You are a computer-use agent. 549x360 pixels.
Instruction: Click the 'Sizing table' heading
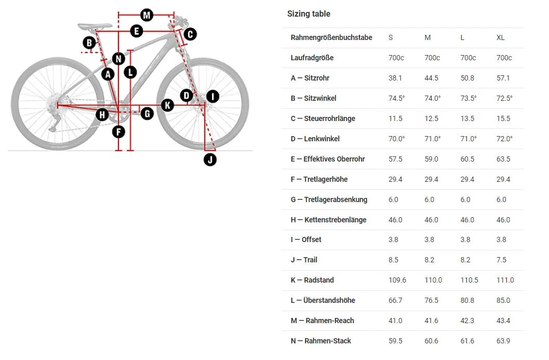[x=309, y=14]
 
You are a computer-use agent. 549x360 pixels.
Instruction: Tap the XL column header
[x=500, y=37]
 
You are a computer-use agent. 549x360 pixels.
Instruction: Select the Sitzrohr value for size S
[x=395, y=78]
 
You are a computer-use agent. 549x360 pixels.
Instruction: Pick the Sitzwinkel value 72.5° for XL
[x=504, y=98]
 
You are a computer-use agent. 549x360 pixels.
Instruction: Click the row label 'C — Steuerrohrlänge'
[x=323, y=118]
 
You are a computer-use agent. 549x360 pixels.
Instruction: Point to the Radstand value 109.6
[x=397, y=280]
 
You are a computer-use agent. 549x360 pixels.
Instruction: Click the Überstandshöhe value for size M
[x=431, y=300]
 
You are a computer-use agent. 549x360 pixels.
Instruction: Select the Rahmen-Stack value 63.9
[x=503, y=341]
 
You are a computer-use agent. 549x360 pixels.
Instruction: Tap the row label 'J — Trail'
[x=304, y=260]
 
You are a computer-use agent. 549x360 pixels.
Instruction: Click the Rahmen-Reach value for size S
[x=395, y=321]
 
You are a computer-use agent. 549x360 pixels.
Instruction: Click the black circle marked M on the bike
[x=147, y=15]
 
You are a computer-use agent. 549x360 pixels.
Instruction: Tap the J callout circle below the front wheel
[x=210, y=159]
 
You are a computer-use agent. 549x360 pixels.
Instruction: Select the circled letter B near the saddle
[x=90, y=42]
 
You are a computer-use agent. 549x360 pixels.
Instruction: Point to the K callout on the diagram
[x=167, y=105]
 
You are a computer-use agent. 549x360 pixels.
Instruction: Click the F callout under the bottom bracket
[x=119, y=131]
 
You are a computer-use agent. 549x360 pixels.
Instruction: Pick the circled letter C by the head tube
[x=190, y=34]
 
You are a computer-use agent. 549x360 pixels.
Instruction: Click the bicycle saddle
[x=95, y=25]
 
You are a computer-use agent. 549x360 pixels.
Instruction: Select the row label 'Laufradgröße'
[x=312, y=58]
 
